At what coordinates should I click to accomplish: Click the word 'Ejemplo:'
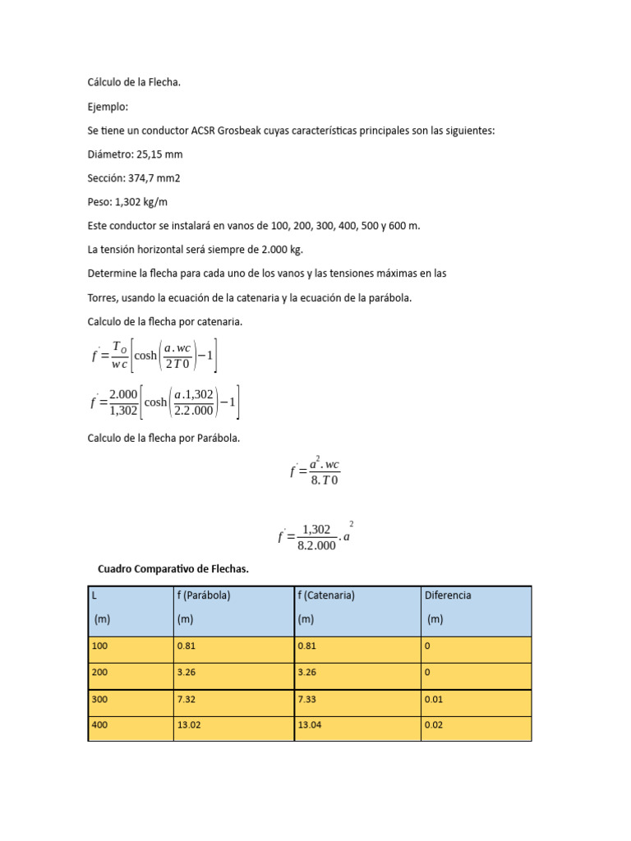[x=108, y=107]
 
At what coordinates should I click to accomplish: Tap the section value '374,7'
[x=145, y=178]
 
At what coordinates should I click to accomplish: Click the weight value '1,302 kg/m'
[x=142, y=202]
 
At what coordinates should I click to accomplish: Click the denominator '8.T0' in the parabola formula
[x=325, y=480]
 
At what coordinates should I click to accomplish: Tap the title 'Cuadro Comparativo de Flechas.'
[x=173, y=568]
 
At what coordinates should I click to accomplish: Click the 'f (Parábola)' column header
[x=203, y=595]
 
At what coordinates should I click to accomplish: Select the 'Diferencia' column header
[x=448, y=595]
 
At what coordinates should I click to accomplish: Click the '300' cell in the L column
[x=100, y=700]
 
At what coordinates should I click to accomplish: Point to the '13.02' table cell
[x=190, y=725]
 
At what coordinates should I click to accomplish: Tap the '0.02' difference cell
[x=434, y=725]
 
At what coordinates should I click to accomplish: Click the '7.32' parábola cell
[x=187, y=700]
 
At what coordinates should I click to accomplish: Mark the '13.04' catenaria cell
[x=311, y=725]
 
